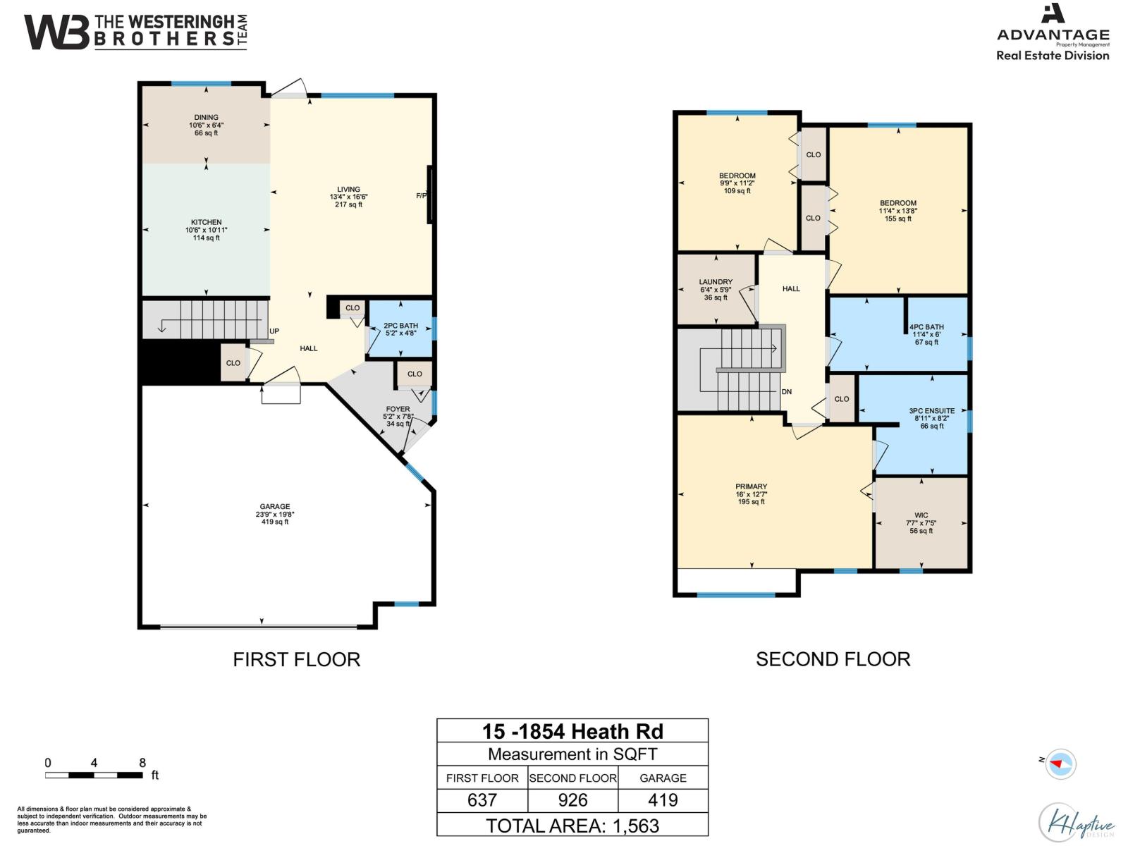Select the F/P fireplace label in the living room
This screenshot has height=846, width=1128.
(422, 196)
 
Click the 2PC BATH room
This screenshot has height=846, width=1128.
(400, 329)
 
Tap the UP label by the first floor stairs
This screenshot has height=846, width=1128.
(274, 331)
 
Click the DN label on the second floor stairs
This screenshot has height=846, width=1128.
(787, 392)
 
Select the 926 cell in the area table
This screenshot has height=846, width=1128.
(572, 800)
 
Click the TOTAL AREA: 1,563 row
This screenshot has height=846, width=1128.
(572, 826)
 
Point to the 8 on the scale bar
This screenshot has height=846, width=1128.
(142, 763)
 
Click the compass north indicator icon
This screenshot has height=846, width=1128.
(1060, 764)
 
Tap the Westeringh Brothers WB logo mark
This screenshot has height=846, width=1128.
(56, 32)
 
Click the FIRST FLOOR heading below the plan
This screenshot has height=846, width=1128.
(297, 659)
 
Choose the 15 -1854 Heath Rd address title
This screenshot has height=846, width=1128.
(572, 731)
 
